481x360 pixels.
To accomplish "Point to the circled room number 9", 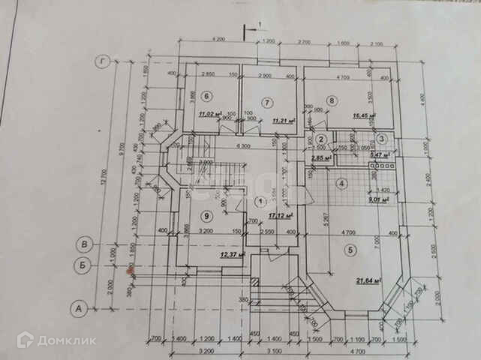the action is click(x=207, y=216).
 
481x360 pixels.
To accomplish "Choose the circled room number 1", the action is click(x=259, y=202).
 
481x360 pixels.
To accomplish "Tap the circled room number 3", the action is click(x=381, y=139).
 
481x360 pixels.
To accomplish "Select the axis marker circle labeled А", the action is click(x=76, y=307).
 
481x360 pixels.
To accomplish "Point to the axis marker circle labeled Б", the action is click(x=87, y=263).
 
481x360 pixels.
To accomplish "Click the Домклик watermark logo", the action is click(x=57, y=340).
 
